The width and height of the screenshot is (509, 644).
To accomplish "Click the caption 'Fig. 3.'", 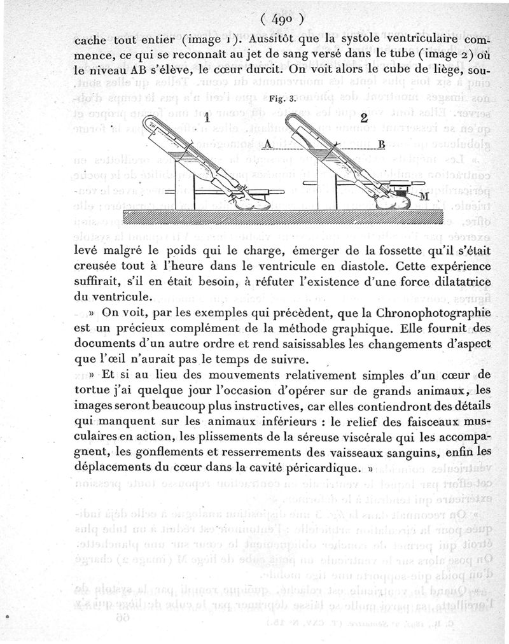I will pyautogui.click(x=281, y=99).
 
